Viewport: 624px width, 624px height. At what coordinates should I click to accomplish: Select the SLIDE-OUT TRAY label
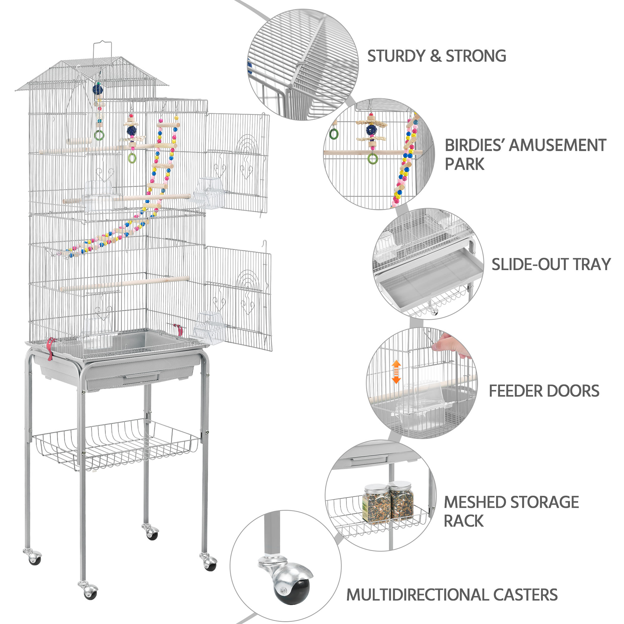[x=551, y=265]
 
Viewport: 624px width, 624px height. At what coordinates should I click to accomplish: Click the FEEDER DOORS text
[x=544, y=391]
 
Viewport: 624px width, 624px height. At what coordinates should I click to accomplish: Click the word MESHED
[x=475, y=502]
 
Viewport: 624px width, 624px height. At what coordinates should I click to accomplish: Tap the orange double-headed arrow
[x=396, y=372]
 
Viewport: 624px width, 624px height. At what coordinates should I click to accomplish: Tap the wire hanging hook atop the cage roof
[x=102, y=48]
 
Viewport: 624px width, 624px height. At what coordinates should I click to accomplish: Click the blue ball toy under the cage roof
[x=98, y=89]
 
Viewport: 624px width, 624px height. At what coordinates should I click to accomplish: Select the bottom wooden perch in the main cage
[x=124, y=283]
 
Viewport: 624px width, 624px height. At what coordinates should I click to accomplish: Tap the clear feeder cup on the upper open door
[x=206, y=193]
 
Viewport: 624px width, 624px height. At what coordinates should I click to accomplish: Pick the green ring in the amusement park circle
[x=373, y=158]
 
